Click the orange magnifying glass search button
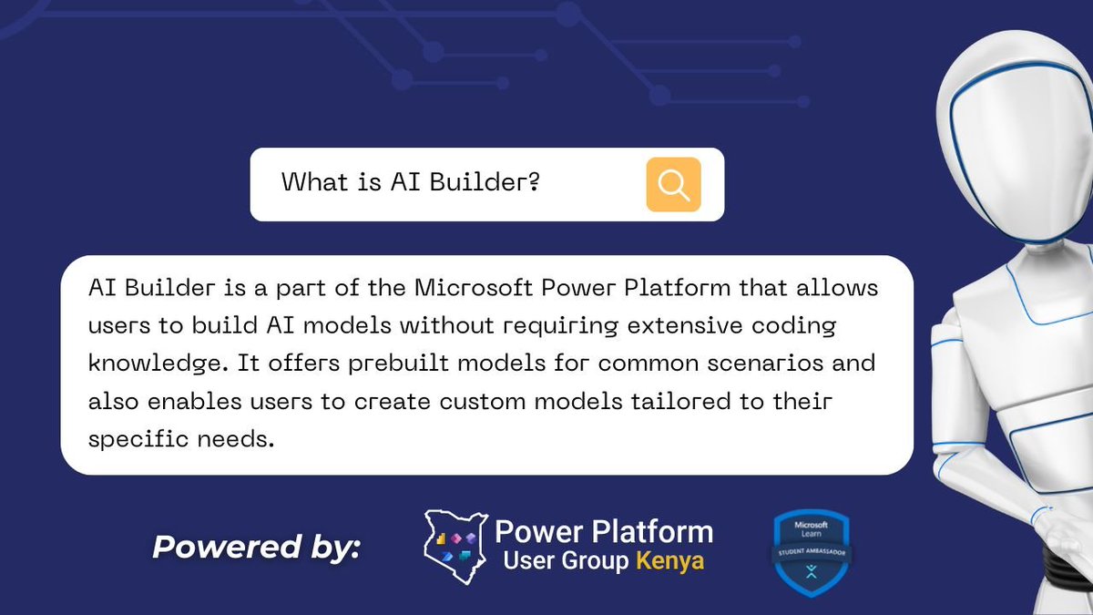[x=673, y=184]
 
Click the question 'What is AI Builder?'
[x=411, y=182]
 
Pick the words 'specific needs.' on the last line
[x=180, y=438]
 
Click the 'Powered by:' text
[x=257, y=547]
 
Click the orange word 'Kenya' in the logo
[x=670, y=560]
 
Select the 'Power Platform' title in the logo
[x=603, y=530]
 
